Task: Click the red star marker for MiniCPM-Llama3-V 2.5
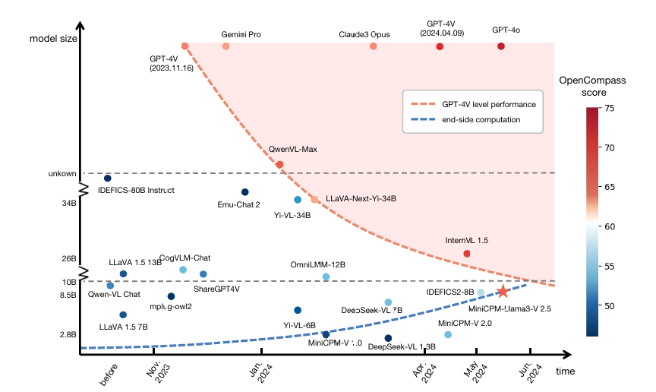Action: pyautogui.click(x=503, y=291)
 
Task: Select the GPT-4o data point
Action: pyautogui.click(x=500, y=46)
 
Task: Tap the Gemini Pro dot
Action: pyautogui.click(x=225, y=46)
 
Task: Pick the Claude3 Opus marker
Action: pyautogui.click(x=373, y=46)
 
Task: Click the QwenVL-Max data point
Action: pyautogui.click(x=279, y=164)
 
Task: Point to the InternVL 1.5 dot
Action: pyautogui.click(x=467, y=253)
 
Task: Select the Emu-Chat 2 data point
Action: pyautogui.click(x=244, y=192)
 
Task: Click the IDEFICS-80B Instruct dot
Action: pyautogui.click(x=108, y=178)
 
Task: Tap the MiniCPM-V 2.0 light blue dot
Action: pyautogui.click(x=448, y=334)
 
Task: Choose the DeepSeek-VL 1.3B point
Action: pyautogui.click(x=388, y=338)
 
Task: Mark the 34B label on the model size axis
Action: pyautogui.click(x=69, y=203)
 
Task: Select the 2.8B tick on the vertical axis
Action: pyautogui.click(x=68, y=334)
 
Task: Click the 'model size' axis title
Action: pyautogui.click(x=53, y=38)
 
